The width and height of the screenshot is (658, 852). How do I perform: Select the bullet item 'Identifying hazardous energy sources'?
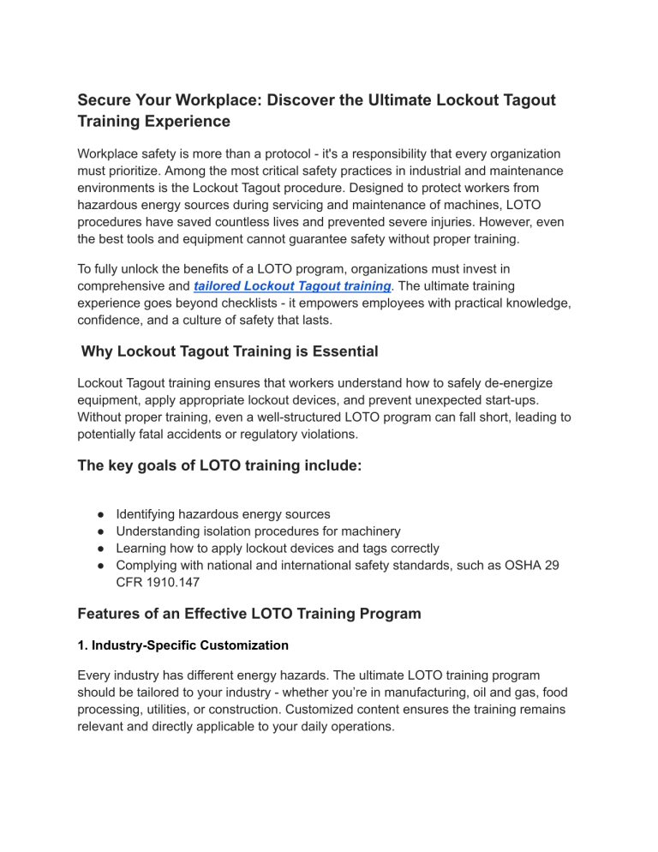[223, 513]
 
